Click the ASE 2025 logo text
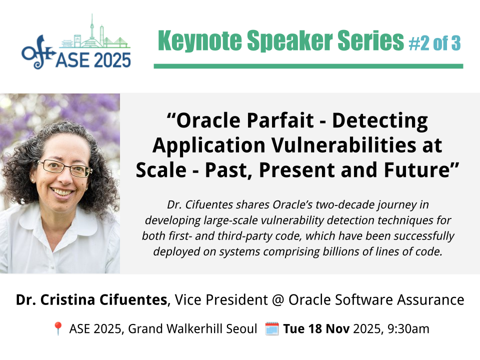click(93, 60)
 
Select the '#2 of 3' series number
click(434, 43)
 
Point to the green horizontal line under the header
click(308, 66)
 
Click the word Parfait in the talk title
click(280, 120)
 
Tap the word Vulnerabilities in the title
click(344, 145)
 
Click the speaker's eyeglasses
click(65, 168)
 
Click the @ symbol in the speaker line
click(278, 300)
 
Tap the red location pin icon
click(58, 329)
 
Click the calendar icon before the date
click(272, 329)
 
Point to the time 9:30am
click(408, 329)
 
